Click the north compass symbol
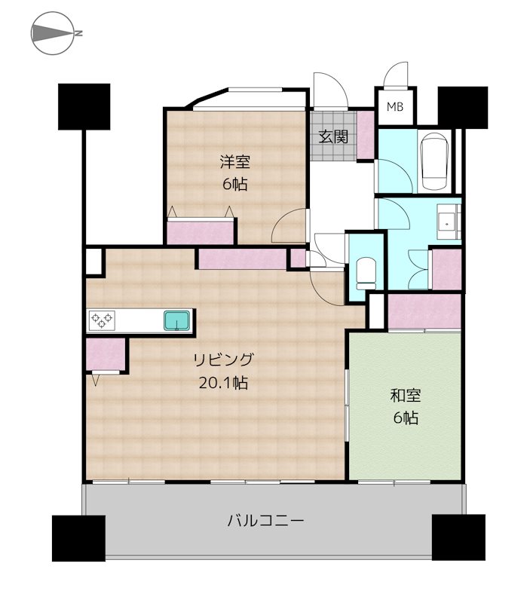click(x=54, y=34)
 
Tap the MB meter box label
click(x=395, y=107)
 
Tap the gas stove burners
click(x=103, y=320)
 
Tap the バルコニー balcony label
click(x=265, y=521)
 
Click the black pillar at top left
click(x=84, y=106)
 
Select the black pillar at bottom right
click(x=458, y=537)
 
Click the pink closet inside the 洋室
click(x=201, y=232)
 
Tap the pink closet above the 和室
click(x=423, y=311)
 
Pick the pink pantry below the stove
click(x=105, y=355)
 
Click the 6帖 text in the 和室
click(x=405, y=418)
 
